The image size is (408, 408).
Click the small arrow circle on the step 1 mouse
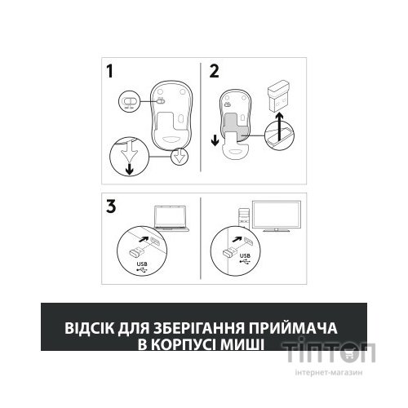[179, 155]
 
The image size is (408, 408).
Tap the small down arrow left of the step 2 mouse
[215, 135]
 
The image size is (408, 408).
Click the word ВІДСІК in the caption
[90, 328]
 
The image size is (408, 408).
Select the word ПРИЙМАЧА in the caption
[298, 328]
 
